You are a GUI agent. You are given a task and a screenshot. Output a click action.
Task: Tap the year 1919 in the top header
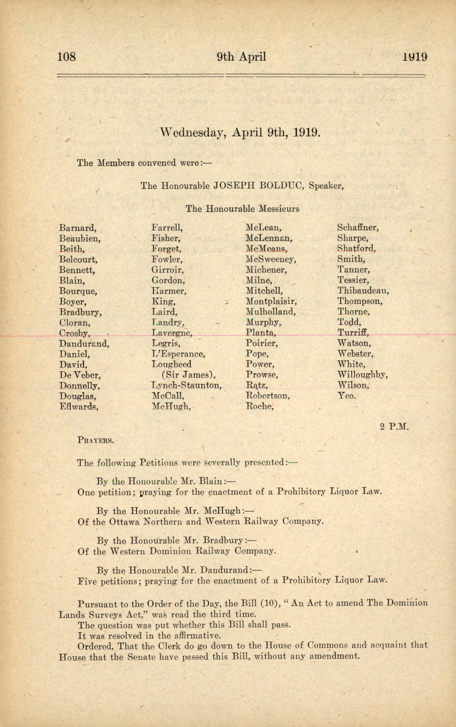pos(415,57)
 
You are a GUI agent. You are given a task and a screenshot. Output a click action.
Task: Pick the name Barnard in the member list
pos(77,228)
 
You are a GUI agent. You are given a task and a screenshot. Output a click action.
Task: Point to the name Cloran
pos(75,323)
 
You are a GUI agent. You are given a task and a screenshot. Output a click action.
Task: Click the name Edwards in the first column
pos(79,407)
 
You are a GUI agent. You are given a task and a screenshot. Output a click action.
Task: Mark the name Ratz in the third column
pos(257,385)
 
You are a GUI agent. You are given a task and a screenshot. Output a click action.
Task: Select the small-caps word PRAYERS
pos(95,440)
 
